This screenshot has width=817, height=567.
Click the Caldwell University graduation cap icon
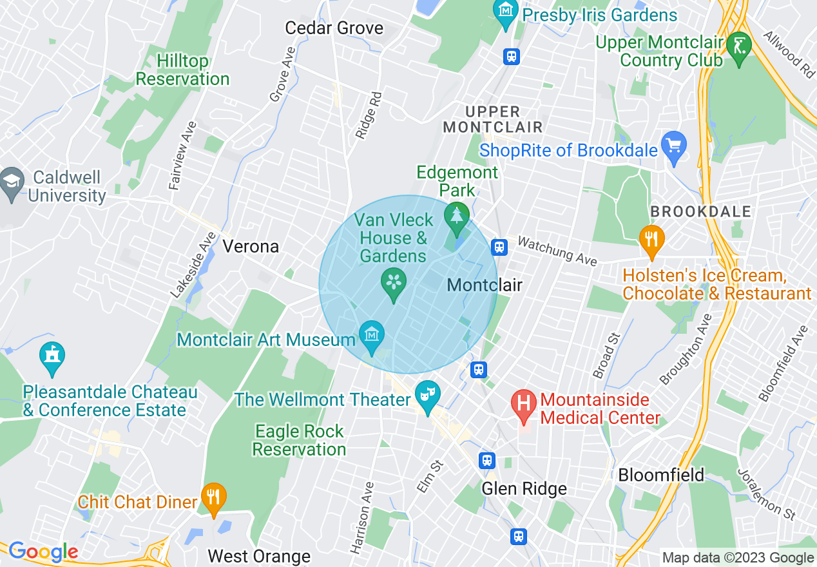tap(12, 180)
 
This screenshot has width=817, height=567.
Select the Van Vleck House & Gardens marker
tap(393, 282)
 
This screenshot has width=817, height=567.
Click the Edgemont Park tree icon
tap(457, 215)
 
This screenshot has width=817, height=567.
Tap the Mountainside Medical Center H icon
tap(524, 403)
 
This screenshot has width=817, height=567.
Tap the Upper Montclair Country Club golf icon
tap(738, 46)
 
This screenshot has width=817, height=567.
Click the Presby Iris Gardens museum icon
tap(506, 10)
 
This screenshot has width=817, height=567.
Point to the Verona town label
tap(251, 246)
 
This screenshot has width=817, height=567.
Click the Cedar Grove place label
tap(334, 28)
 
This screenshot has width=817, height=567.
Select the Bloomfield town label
tap(661, 476)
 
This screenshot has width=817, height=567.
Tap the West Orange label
tap(259, 556)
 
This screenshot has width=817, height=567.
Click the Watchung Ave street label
tap(557, 251)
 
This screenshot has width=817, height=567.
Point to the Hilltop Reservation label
tap(182, 70)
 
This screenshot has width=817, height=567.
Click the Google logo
tap(43, 552)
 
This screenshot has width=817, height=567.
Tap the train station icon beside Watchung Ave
tap(499, 247)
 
